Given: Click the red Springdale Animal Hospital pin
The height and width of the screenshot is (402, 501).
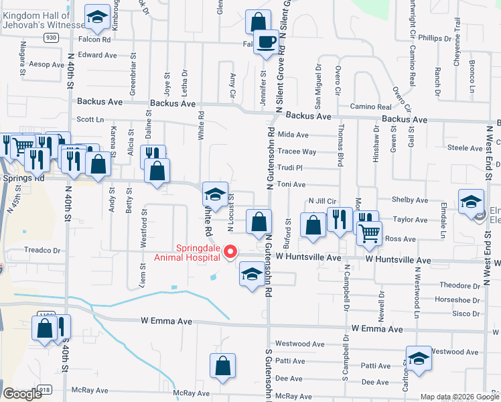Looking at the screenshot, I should point(230,252).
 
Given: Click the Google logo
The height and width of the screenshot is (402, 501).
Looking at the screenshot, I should point(23,394).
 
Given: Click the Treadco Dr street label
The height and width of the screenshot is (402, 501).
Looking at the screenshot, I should point(42,250).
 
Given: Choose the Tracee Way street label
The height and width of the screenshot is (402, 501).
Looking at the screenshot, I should point(297,151).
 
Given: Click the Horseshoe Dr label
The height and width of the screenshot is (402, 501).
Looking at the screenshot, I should point(457,299).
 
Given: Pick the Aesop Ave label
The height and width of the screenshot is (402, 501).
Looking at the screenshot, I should point(46,64).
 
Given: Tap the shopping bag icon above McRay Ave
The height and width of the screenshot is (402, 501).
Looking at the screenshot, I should point(223,366).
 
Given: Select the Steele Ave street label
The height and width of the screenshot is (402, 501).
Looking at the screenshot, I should point(465,147).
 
